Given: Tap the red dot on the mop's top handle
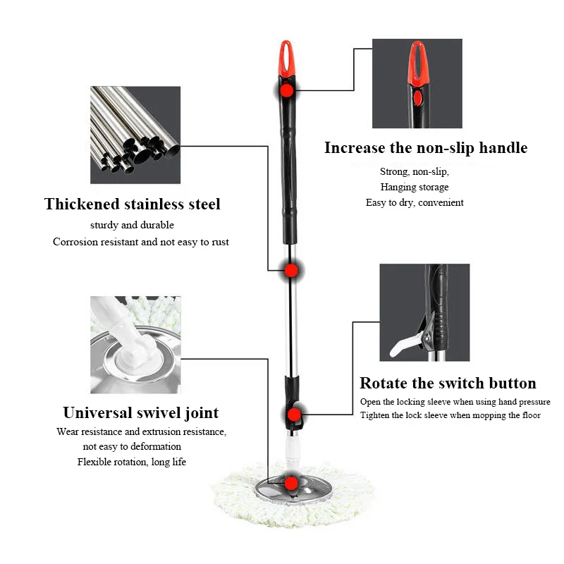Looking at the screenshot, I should coord(286,90).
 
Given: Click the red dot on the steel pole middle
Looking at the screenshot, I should coord(290,269).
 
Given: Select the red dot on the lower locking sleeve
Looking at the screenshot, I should coord(295,414).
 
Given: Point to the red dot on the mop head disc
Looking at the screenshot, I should coord(290,482).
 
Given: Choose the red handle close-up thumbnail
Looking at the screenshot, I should coord(417,83).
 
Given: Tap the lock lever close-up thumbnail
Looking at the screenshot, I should coord(424,312).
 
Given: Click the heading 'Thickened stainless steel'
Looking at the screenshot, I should coord(133,204).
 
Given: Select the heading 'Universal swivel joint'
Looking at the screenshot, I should coord(141,412).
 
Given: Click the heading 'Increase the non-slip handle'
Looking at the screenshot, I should coord(426,148).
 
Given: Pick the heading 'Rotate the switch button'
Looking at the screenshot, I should coord(448,384).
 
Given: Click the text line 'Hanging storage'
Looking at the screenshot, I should coord(415,187).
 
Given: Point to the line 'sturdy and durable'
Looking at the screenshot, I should coord(132,226).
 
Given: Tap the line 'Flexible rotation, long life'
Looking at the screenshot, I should coord(132,462).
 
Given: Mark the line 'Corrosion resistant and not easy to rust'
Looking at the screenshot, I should coord(141,242).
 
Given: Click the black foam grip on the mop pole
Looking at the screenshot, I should coord(290,176).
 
